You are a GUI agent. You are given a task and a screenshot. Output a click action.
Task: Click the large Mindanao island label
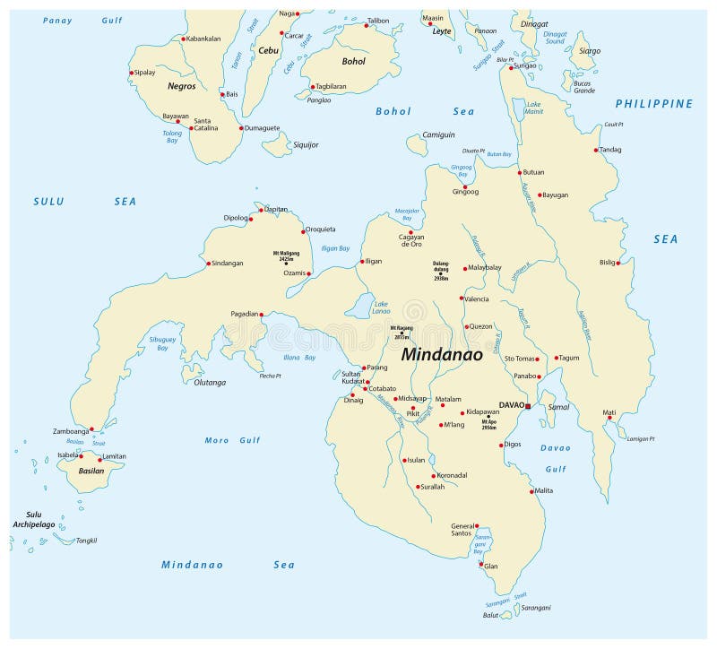point(442,354)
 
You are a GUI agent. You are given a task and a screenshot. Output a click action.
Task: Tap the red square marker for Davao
point(528,406)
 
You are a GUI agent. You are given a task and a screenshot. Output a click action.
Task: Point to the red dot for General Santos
point(477,526)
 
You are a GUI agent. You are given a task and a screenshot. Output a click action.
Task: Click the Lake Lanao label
point(381,308)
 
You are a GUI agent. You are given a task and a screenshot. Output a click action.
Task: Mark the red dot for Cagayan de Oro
point(410,232)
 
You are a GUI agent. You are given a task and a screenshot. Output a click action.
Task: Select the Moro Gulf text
point(232,440)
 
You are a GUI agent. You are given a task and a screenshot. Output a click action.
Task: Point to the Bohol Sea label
point(425,111)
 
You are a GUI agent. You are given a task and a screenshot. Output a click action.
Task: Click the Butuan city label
point(533,171)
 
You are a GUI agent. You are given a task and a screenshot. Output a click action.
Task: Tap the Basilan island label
point(91,471)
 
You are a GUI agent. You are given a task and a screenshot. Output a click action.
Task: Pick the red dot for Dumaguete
point(241,128)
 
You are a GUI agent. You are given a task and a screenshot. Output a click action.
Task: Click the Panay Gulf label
point(82,20)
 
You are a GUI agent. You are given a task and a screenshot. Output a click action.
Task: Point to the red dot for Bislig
point(618,263)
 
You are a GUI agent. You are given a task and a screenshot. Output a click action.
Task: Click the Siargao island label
point(590,51)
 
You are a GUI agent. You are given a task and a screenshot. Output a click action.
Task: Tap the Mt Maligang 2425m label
point(285,255)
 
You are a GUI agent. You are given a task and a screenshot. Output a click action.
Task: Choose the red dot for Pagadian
point(262,314)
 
